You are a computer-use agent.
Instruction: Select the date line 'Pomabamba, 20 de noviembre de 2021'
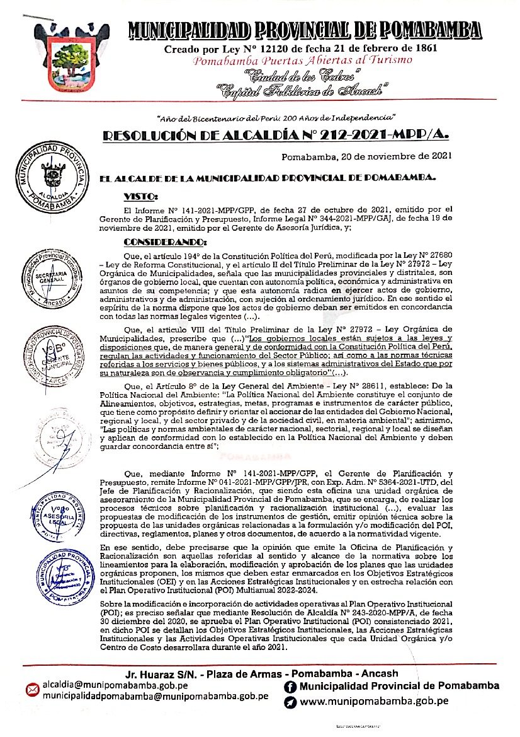366,156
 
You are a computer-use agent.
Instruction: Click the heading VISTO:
142,196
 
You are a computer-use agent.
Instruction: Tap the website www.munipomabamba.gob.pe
374,700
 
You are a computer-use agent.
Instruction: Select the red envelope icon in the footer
32,691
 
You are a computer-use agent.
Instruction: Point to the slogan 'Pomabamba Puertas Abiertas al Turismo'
302,61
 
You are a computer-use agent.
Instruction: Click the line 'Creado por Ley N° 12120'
301,48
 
